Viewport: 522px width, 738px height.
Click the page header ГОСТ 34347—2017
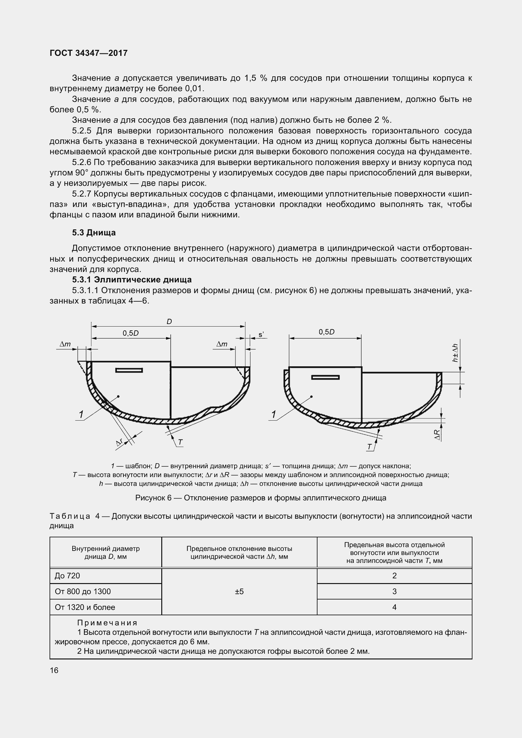(89, 53)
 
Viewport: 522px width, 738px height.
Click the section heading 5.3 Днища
(94, 233)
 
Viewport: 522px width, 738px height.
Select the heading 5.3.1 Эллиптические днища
(132, 280)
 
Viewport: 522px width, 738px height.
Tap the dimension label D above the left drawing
(169, 322)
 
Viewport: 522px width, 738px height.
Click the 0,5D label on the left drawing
(131, 333)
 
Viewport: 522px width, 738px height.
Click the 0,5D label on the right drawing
(327, 332)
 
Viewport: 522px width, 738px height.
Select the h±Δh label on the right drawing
(455, 353)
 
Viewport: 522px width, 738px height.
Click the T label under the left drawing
(180, 443)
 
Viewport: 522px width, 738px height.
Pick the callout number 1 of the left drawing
(81, 415)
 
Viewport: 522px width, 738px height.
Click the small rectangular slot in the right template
(325, 377)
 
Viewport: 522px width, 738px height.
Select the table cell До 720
(68, 576)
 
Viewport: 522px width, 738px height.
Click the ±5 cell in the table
(239, 591)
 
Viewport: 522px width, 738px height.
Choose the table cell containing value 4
(394, 607)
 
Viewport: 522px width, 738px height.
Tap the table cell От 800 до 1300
(83, 591)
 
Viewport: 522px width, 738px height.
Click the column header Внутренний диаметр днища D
(105, 552)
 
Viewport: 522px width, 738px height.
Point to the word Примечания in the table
(107, 623)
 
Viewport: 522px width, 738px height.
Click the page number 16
(54, 670)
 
